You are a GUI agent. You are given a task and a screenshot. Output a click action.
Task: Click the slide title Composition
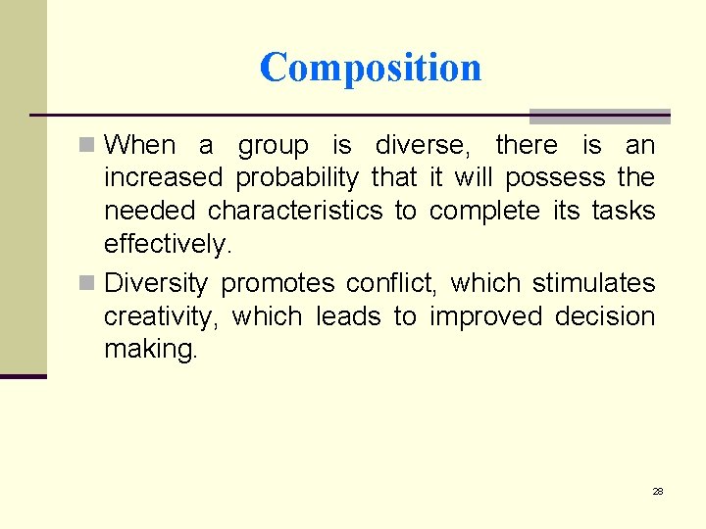pyautogui.click(x=371, y=68)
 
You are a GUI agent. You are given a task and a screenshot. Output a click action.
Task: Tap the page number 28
pyautogui.click(x=658, y=491)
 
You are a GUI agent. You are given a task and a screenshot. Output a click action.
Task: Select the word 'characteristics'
pyautogui.click(x=295, y=211)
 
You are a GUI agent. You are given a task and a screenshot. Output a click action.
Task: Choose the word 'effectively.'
pyautogui.click(x=166, y=243)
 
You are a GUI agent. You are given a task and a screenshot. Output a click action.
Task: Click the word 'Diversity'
pyautogui.click(x=156, y=284)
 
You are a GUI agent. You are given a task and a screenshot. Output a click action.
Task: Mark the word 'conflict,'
pyautogui.click(x=391, y=283)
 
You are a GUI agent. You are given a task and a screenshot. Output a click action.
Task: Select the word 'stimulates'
pyautogui.click(x=593, y=283)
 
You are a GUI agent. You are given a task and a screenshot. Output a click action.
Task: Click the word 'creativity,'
pyautogui.click(x=166, y=317)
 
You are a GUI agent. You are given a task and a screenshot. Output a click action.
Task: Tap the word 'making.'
pyautogui.click(x=151, y=350)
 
